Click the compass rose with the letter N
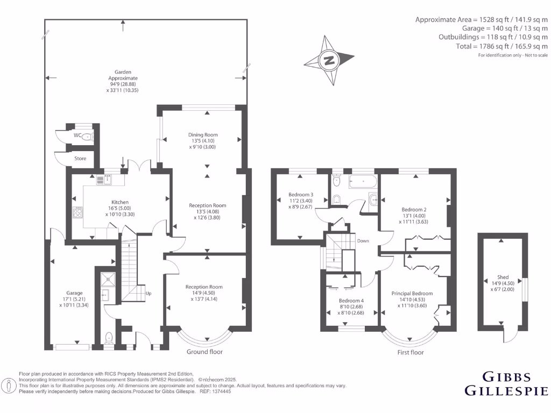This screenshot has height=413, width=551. [x=328, y=60]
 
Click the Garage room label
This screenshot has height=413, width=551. [x=67, y=293]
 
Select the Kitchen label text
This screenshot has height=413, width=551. [x=120, y=202]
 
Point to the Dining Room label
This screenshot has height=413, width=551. [x=203, y=134]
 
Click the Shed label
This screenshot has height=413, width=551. [x=503, y=277]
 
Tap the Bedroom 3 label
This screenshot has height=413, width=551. [x=301, y=194]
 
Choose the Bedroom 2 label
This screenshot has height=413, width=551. [x=414, y=210]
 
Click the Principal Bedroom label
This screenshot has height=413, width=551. [x=412, y=293]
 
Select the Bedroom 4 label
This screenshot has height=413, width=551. [x=351, y=301]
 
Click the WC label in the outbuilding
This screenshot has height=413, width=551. [x=77, y=136]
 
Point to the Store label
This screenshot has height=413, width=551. [x=80, y=159]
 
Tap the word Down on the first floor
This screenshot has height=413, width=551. [x=363, y=241]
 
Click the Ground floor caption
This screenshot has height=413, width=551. [x=204, y=352]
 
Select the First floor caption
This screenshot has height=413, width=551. [x=410, y=352]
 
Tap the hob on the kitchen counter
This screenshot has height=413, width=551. [x=77, y=212]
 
